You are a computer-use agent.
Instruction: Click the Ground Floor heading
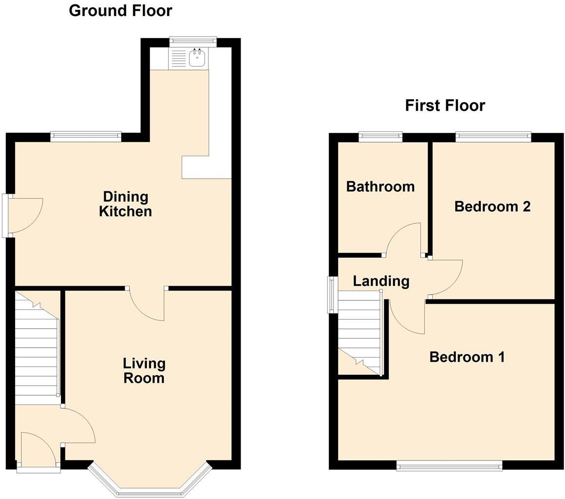pos(120,10)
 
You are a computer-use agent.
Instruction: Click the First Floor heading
pos(445,105)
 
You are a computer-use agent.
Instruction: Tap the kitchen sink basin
pos(197,59)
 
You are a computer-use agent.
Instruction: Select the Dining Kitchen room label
pos(125,204)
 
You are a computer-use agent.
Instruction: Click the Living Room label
pos(144,370)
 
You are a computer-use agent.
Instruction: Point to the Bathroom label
pos(380,186)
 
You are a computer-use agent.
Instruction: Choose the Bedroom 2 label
pos(492,206)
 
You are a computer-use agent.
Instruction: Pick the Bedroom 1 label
pos(467,357)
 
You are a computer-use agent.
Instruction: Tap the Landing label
pos(381,281)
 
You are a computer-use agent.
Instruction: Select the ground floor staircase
pos(37,348)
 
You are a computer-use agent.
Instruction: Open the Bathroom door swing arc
pos(404,239)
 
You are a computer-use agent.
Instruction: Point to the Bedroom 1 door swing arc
pos(407,316)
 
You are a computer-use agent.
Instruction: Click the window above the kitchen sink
pos(193,42)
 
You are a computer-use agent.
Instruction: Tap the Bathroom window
pos(380,137)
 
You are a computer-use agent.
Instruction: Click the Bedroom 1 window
pos(449,465)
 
